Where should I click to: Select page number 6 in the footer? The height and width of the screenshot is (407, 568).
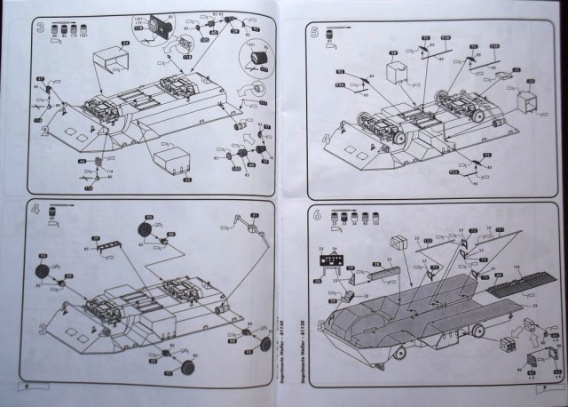coord(27,387)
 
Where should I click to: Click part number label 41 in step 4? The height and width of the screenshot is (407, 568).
coord(255,216)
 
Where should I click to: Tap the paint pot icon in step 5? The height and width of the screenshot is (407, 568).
coord(330,34)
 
